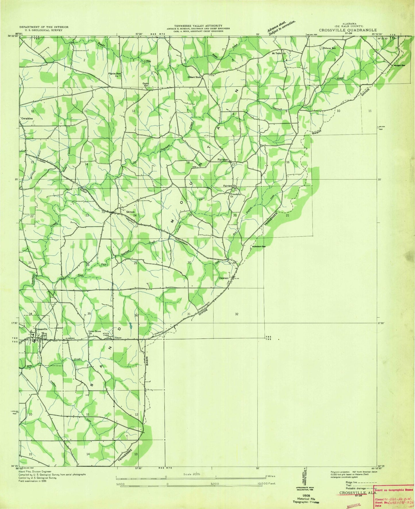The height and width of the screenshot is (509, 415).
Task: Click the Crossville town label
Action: pyautogui.click(x=41, y=329)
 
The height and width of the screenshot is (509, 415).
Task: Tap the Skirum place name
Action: pyautogui.click(x=130, y=212)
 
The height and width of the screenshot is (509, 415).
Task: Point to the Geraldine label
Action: pyautogui.click(x=27, y=118)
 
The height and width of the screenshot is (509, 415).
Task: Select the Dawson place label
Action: pyautogui.click(x=224, y=278)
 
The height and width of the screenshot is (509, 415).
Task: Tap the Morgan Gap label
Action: pyautogui.click(x=399, y=65)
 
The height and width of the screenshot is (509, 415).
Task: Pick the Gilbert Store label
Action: pyautogui.click(x=194, y=77)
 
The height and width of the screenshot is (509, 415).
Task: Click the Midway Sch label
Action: pyautogui.click(x=329, y=48)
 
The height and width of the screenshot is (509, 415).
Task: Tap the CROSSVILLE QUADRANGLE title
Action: pyautogui.click(x=348, y=30)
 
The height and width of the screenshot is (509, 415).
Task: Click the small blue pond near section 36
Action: pyautogui.click(x=131, y=326)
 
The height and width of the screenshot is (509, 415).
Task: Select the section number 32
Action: pyautogui.click(x=237, y=314)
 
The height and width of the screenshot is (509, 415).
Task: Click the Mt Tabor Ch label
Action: pyautogui.click(x=279, y=54)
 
